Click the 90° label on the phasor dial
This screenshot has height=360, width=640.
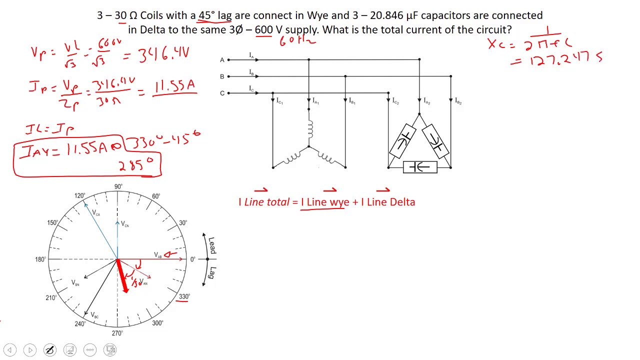[118, 186]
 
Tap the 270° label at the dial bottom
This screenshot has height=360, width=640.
[117, 333]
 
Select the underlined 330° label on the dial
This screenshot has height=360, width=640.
[184, 296]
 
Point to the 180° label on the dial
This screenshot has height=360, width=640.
[40, 259]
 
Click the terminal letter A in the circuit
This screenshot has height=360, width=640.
[222, 60]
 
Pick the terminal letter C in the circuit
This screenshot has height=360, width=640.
[222, 93]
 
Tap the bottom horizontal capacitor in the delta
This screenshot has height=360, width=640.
[420, 167]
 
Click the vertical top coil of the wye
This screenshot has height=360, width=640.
[309, 130]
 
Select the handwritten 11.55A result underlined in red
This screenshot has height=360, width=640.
[174, 86]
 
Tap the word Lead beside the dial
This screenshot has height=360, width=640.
[212, 245]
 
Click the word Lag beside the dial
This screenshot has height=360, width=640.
[212, 273]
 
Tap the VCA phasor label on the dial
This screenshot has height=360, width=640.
[96, 213]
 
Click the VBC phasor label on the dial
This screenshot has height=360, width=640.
[94, 315]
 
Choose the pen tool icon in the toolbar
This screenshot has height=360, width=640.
[50, 350]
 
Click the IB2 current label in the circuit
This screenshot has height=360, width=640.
[458, 101]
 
